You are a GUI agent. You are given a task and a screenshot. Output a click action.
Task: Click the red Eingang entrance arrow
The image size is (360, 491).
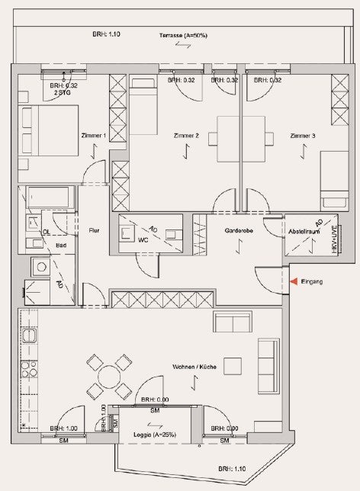294,281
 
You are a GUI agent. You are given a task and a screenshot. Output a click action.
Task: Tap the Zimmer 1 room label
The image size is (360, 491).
93,136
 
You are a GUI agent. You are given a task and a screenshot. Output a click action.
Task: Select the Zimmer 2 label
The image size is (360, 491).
186,136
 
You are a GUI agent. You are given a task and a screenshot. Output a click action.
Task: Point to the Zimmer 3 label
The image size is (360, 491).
303,136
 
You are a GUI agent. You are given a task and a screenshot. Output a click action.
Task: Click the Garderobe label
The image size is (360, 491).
239,231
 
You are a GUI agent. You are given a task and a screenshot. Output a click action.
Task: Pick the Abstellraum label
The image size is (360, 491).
304,232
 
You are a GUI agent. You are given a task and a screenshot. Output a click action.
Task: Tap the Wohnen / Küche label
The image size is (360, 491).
194,367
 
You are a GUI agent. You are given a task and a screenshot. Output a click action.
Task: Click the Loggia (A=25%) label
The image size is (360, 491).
155,435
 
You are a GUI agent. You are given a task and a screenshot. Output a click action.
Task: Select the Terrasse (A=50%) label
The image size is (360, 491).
183,35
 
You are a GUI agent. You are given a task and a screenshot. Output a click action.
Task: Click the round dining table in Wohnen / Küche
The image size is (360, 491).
109,377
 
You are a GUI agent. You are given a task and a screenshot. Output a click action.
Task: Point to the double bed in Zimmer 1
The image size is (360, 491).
48,130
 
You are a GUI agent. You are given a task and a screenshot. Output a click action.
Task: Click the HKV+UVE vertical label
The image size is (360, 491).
334,239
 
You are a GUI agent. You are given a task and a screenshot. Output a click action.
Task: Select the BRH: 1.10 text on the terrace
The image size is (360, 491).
106,34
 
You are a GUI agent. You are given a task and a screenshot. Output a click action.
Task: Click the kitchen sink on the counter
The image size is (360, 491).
29,336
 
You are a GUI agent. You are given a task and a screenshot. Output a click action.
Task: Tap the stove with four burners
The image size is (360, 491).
29,369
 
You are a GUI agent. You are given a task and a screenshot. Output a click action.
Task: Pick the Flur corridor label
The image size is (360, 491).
94,230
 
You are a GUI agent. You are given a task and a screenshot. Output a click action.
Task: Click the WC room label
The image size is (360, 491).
143,240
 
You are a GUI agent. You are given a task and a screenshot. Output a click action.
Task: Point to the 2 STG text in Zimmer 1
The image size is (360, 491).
63,93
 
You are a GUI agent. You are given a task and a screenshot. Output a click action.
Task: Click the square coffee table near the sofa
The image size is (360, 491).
233,367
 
